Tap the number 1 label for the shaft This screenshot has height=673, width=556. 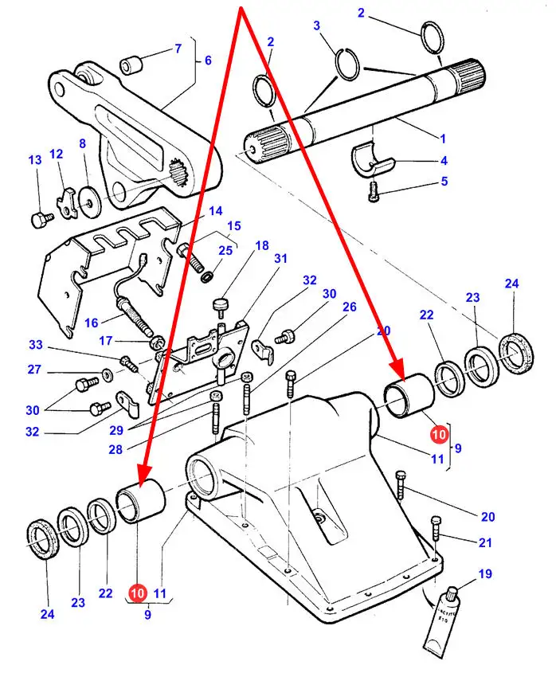(x=444, y=137)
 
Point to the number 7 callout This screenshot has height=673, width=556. (x=178, y=49)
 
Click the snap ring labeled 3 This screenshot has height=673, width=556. (x=345, y=63)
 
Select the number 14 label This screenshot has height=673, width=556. (x=216, y=211)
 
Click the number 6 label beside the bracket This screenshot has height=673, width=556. (x=207, y=61)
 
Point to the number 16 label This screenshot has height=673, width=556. (x=92, y=323)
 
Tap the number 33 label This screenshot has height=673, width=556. (x=35, y=345)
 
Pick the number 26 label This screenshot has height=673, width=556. (x=349, y=307)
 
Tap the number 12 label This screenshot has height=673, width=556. (x=57, y=154)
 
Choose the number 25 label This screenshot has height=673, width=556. (x=225, y=251)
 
